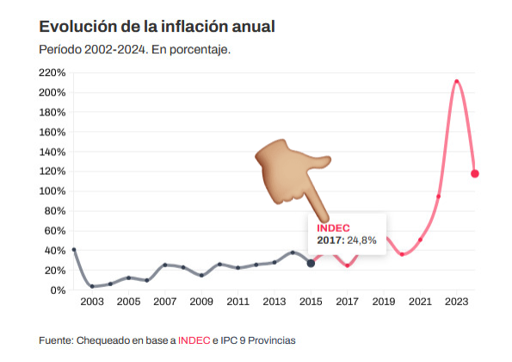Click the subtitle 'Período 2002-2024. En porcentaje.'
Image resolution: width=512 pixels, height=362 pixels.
pyautogui.click(x=135, y=49)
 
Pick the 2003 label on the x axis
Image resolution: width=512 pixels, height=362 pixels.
pyautogui.click(x=92, y=303)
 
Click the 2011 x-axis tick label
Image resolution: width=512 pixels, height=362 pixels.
pyautogui.click(x=237, y=303)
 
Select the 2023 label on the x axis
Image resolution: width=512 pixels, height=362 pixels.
pyautogui.click(x=456, y=303)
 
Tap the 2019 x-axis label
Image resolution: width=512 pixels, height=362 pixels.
pyautogui.click(x=383, y=303)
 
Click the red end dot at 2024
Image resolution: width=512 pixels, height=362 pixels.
pyautogui.click(x=475, y=174)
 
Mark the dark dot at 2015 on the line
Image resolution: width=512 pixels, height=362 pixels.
pyautogui.click(x=311, y=263)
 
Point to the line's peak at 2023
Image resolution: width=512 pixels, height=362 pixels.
pyautogui.click(x=456, y=82)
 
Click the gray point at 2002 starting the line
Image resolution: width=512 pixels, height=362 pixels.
pyautogui.click(x=74, y=250)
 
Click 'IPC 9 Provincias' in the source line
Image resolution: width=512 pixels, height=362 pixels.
pyautogui.click(x=258, y=340)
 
